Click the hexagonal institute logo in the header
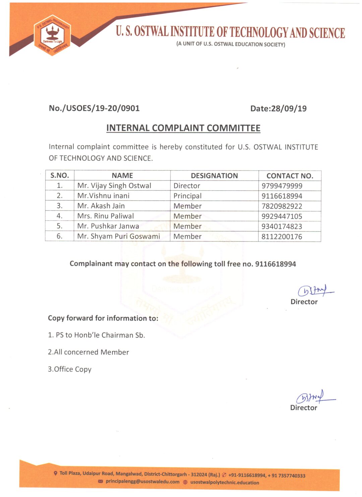[x=52, y=35]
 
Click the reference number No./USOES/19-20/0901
[x=94, y=108]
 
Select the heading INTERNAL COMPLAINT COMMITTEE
[x=183, y=128]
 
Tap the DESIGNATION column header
[x=214, y=176]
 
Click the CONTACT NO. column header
[x=290, y=176]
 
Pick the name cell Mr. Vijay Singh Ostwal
[x=114, y=186]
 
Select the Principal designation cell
[x=187, y=196]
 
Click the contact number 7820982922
[x=282, y=206]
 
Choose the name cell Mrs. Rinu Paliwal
[x=106, y=216]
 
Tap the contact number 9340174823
[x=282, y=226]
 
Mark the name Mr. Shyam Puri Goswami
[x=119, y=236]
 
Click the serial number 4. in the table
[x=60, y=216]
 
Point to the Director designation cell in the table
[x=187, y=186]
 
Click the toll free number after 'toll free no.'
[x=276, y=264]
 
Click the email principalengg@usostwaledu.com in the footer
[x=142, y=482]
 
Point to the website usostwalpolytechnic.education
[x=225, y=483]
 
